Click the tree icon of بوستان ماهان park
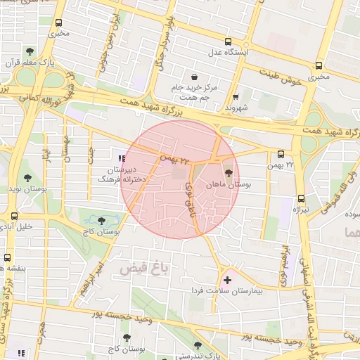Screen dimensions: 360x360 click(227, 173)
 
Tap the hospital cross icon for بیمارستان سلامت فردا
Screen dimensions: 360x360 click(226, 280)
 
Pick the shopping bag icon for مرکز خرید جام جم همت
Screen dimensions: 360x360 click(194, 77)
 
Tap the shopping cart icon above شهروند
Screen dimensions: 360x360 click(236, 97)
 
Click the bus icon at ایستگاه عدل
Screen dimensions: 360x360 click(227, 41)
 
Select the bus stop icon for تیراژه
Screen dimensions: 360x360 click(301, 199)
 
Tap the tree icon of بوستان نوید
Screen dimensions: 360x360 click(27, 179)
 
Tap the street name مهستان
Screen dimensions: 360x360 click(65, 148)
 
